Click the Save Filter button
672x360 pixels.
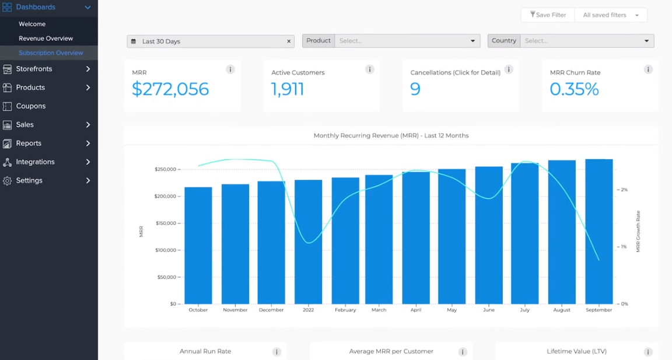click(x=548, y=15)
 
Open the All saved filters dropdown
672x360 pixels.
click(x=611, y=15)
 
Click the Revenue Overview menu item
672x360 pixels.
click(x=46, y=39)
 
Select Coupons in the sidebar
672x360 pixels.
click(x=31, y=106)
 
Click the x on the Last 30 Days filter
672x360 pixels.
click(x=289, y=41)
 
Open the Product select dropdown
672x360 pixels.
click(x=407, y=41)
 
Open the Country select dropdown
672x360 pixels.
click(x=587, y=41)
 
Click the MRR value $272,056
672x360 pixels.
click(x=170, y=89)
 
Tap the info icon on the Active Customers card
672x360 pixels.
click(x=369, y=69)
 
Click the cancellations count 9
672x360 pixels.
click(x=415, y=89)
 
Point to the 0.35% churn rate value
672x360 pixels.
click(x=575, y=89)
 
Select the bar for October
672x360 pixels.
click(x=198, y=245)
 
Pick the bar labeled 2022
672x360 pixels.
click(x=308, y=242)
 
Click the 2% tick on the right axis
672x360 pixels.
click(x=624, y=190)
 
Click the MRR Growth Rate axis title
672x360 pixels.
click(x=638, y=232)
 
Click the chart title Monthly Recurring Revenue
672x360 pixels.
click(x=391, y=135)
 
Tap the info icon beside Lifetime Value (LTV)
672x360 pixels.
click(x=648, y=352)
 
